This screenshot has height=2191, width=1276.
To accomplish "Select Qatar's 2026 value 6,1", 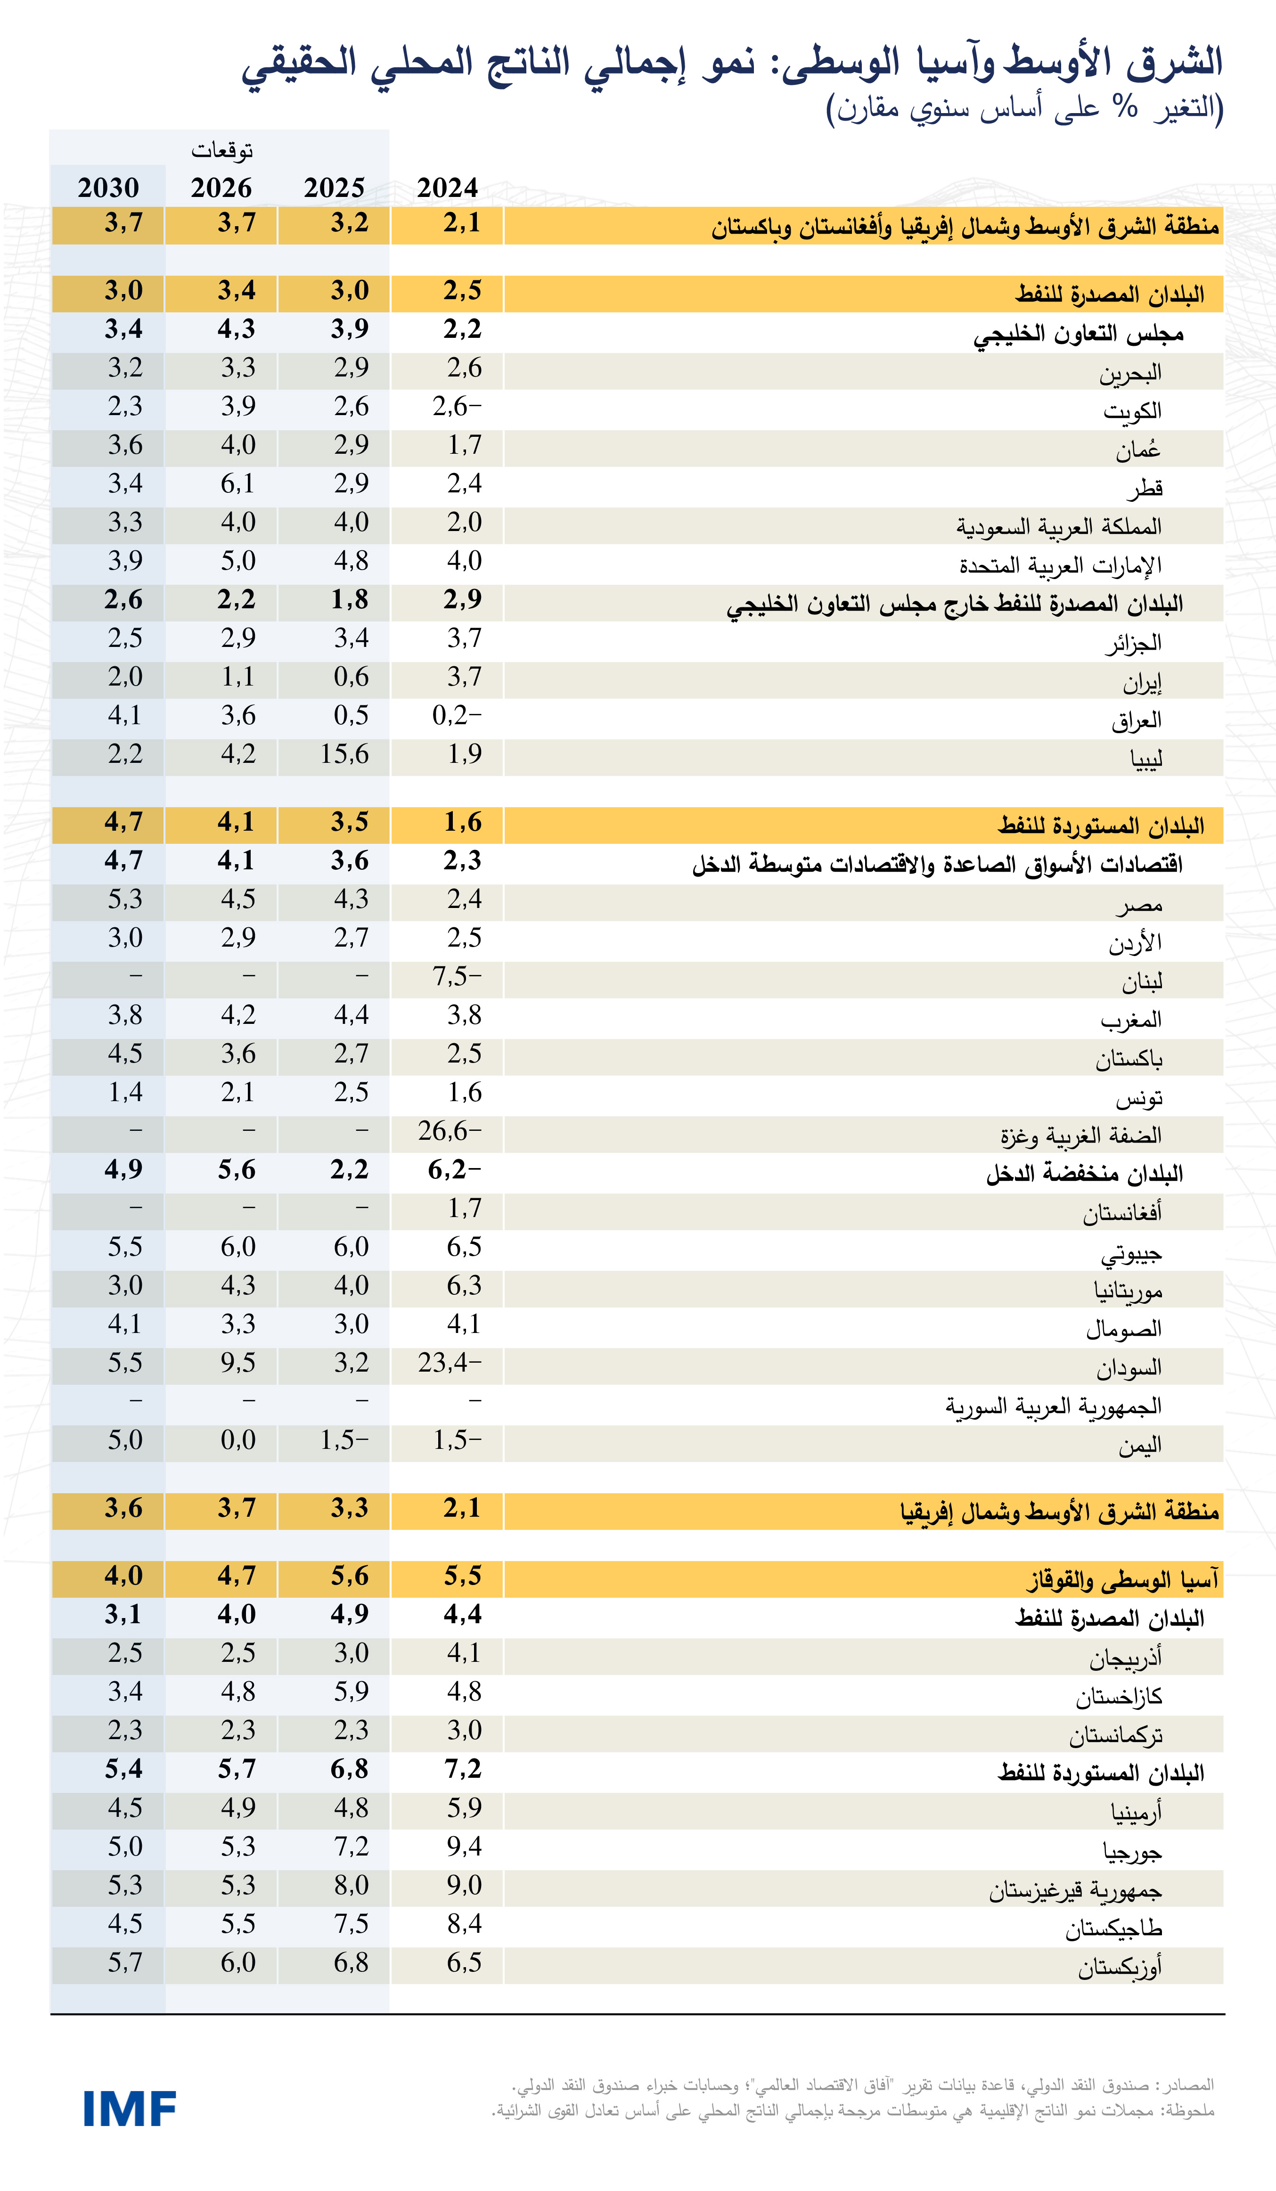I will click(x=237, y=483).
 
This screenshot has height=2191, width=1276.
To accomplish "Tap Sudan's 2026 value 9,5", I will click(x=237, y=1362).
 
